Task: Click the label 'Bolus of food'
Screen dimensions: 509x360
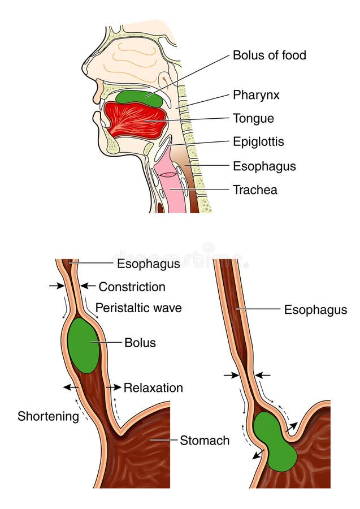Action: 269,55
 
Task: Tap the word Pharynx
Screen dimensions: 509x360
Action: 256,95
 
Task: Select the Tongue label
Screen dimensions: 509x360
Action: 253,118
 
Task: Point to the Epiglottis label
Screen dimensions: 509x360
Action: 258,141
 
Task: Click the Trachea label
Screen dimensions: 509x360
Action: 255,190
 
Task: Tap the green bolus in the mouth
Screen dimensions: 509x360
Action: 138,97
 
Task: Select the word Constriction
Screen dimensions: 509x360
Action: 132,287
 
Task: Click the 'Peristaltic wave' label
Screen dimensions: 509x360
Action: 138,308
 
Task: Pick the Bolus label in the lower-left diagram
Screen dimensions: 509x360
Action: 140,343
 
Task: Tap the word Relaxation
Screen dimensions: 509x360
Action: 153,388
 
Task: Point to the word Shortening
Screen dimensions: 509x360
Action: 48,417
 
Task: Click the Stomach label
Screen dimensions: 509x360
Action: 205,440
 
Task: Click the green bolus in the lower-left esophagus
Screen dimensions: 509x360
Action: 83,345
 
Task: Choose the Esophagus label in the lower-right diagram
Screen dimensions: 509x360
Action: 315,309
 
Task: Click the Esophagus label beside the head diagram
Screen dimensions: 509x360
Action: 264,166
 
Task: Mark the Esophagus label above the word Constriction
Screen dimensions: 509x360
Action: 149,264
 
